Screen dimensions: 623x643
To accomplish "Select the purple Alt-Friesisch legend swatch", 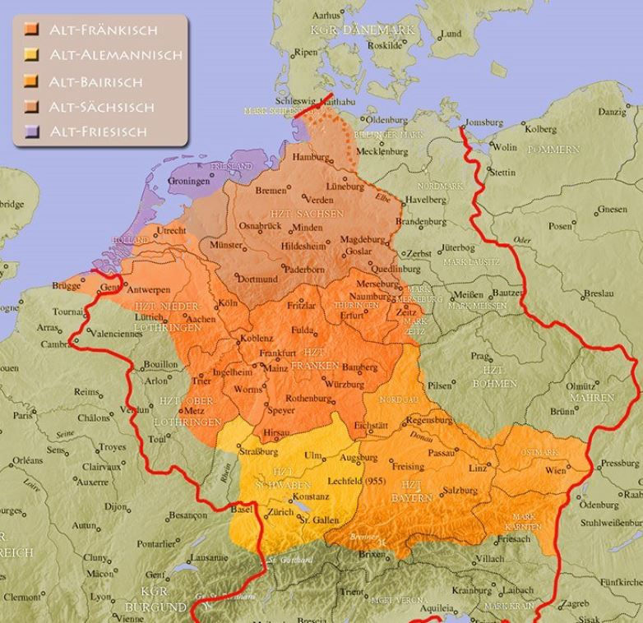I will tap(31, 132).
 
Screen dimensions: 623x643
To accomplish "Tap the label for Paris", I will tap(22, 416).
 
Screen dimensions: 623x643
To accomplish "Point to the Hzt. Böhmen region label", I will tap(494, 377).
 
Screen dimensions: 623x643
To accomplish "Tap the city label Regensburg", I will tap(428, 420).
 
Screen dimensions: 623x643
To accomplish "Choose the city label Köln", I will tap(228, 303).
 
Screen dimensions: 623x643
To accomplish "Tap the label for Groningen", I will tap(187, 181).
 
